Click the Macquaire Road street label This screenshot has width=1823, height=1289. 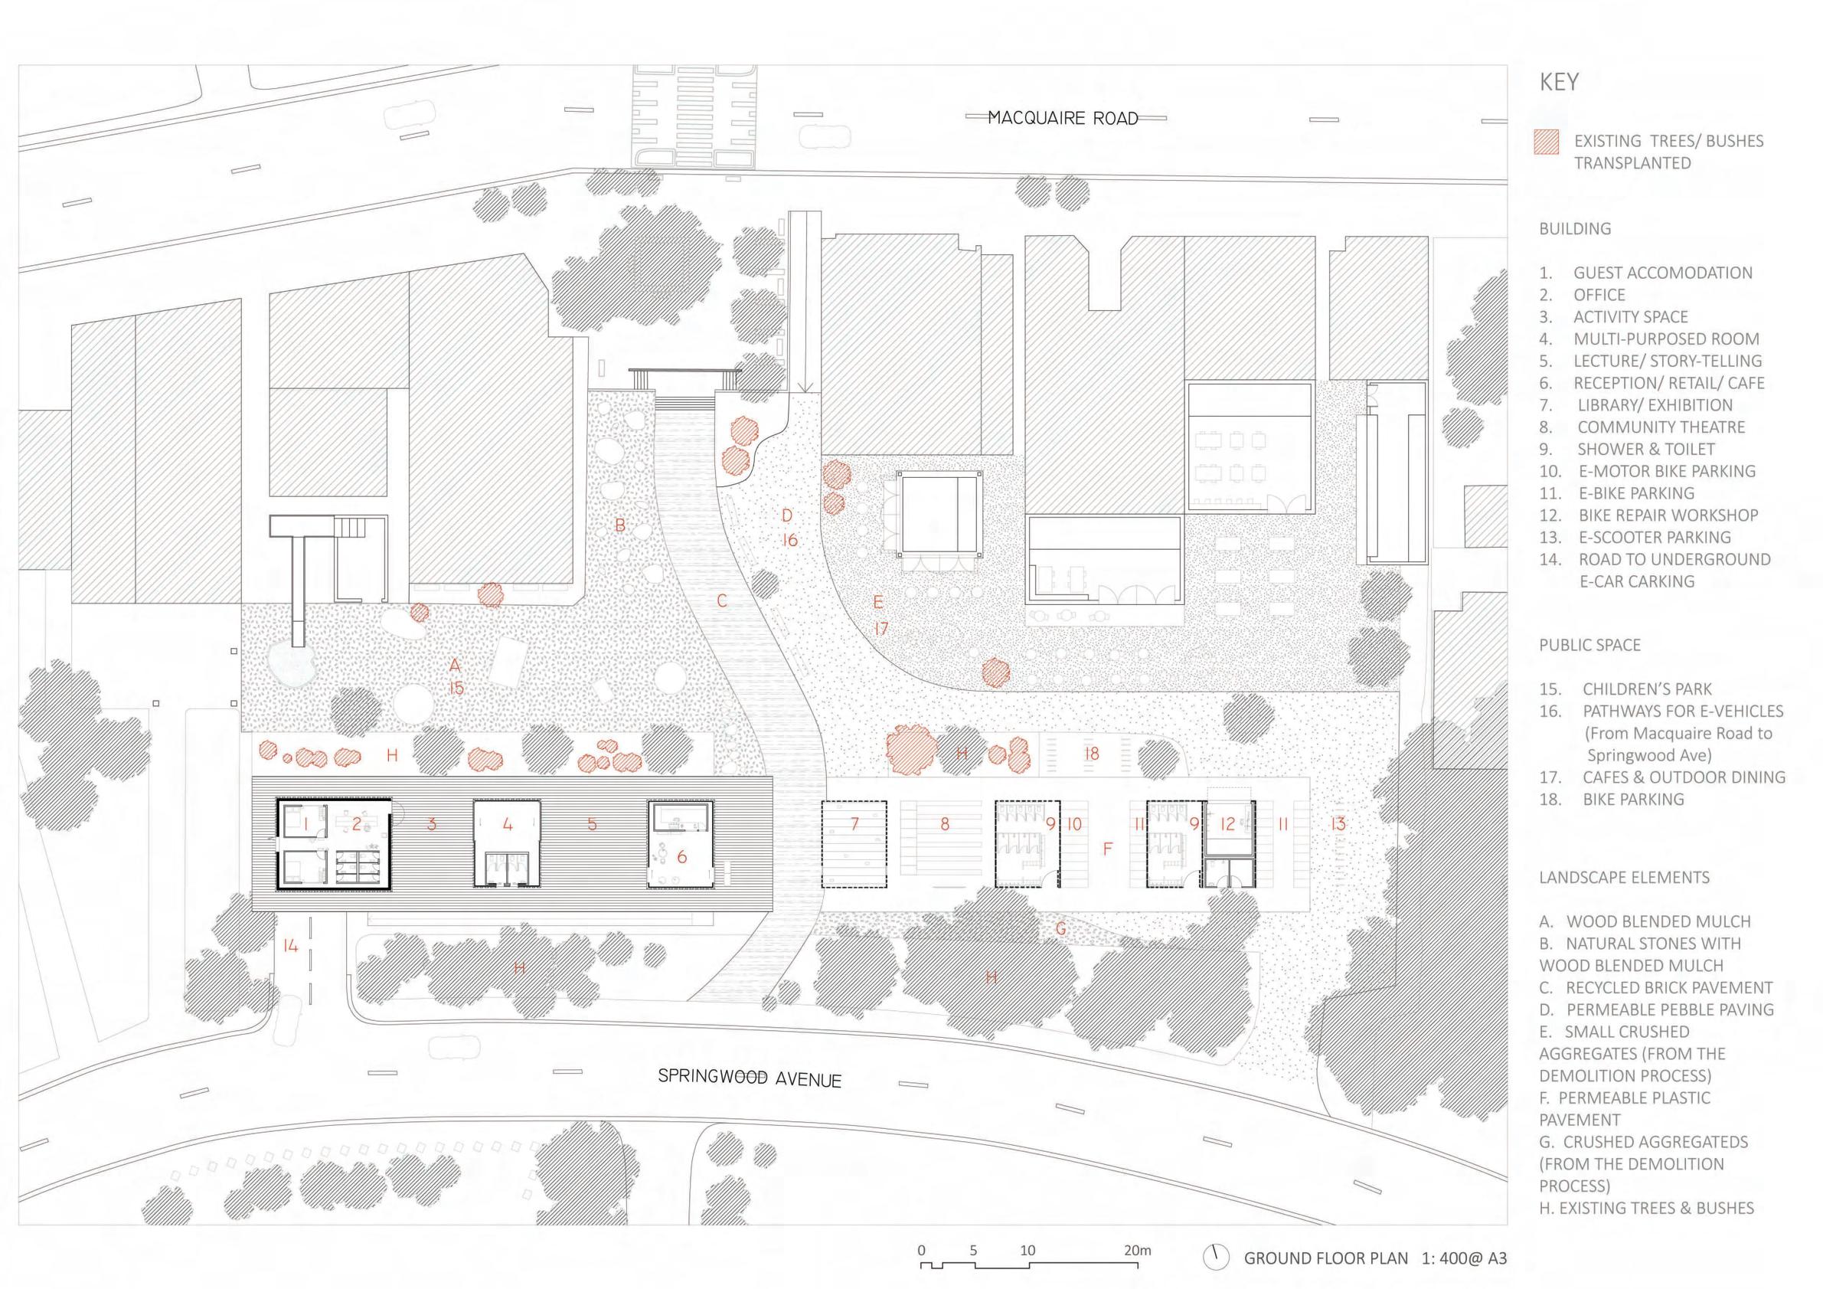(x=1063, y=119)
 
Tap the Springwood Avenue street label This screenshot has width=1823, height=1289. (x=749, y=1078)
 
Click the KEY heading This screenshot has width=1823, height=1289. (x=1559, y=83)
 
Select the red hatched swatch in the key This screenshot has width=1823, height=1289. (x=1546, y=142)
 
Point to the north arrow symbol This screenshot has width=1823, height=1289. (x=1215, y=1258)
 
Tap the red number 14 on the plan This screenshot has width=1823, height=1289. (x=290, y=945)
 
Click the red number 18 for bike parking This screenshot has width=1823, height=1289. (x=1092, y=754)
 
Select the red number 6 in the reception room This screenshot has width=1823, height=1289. (x=681, y=857)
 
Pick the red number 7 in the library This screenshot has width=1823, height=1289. (x=854, y=823)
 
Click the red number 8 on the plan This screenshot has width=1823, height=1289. (x=945, y=824)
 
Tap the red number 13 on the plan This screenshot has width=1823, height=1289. (x=1338, y=824)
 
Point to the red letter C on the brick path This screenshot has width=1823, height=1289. (x=722, y=600)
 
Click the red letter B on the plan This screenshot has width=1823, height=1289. (x=620, y=525)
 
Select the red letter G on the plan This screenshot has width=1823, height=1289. (x=1060, y=927)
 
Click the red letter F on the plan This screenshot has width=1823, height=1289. (x=1108, y=849)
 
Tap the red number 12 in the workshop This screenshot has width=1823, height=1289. (x=1227, y=824)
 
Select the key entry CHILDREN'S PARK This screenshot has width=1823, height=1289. (x=1647, y=689)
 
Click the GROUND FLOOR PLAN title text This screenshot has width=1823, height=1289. (x=1325, y=1258)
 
